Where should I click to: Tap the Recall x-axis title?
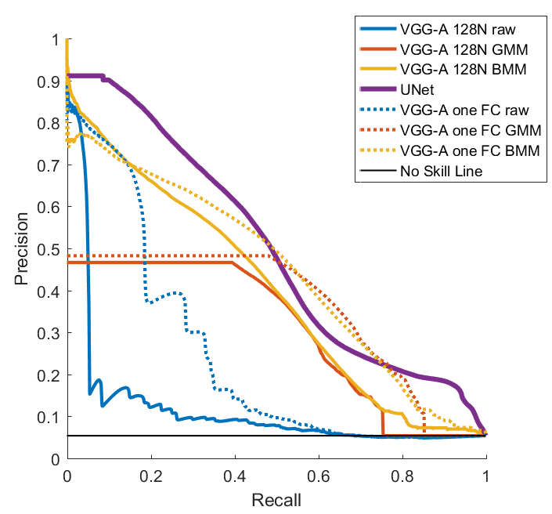(x=276, y=498)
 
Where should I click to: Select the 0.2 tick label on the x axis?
(x=151, y=476)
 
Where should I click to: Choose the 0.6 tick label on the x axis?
(x=319, y=476)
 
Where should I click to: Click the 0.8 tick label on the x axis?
(x=402, y=476)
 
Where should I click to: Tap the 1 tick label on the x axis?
(x=486, y=476)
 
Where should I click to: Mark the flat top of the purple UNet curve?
(x=86, y=75)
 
